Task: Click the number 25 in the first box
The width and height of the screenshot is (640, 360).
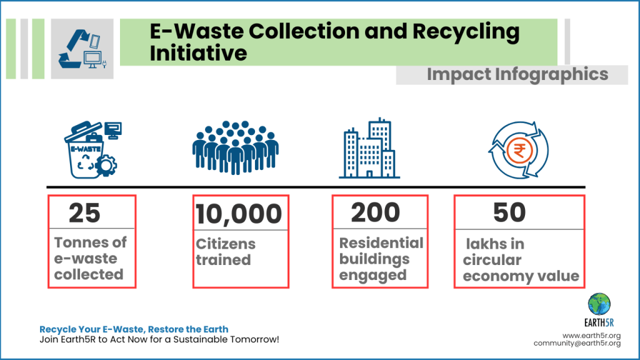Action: point(84,212)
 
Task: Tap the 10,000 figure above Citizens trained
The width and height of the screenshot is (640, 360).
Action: point(239,214)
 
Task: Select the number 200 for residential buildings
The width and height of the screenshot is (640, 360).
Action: point(376,212)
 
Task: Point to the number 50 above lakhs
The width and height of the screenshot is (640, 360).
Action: point(509,212)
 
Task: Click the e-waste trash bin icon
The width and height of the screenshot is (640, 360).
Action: point(92,150)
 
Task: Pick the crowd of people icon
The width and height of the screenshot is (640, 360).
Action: point(236,147)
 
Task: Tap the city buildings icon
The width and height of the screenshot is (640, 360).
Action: point(369,148)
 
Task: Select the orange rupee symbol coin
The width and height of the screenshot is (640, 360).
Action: point(519,151)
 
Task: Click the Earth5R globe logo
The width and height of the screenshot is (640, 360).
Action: point(599,304)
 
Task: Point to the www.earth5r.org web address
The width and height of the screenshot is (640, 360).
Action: point(591,336)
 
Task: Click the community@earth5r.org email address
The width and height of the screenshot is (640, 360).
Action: point(577,343)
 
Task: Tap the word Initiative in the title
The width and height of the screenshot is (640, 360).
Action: point(198,53)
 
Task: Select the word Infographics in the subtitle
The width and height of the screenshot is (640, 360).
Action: point(551,75)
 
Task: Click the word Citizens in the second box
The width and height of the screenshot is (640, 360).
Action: point(226,244)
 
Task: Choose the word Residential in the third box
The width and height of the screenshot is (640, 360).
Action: point(381,243)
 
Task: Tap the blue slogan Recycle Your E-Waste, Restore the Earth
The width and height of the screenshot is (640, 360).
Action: point(134,329)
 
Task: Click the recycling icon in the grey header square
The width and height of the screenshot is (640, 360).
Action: point(82,49)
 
